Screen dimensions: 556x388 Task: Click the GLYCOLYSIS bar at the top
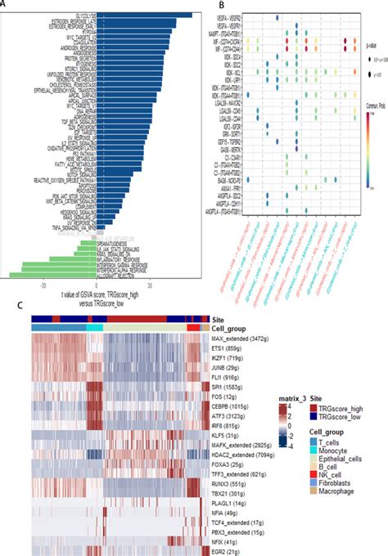(142, 15)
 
